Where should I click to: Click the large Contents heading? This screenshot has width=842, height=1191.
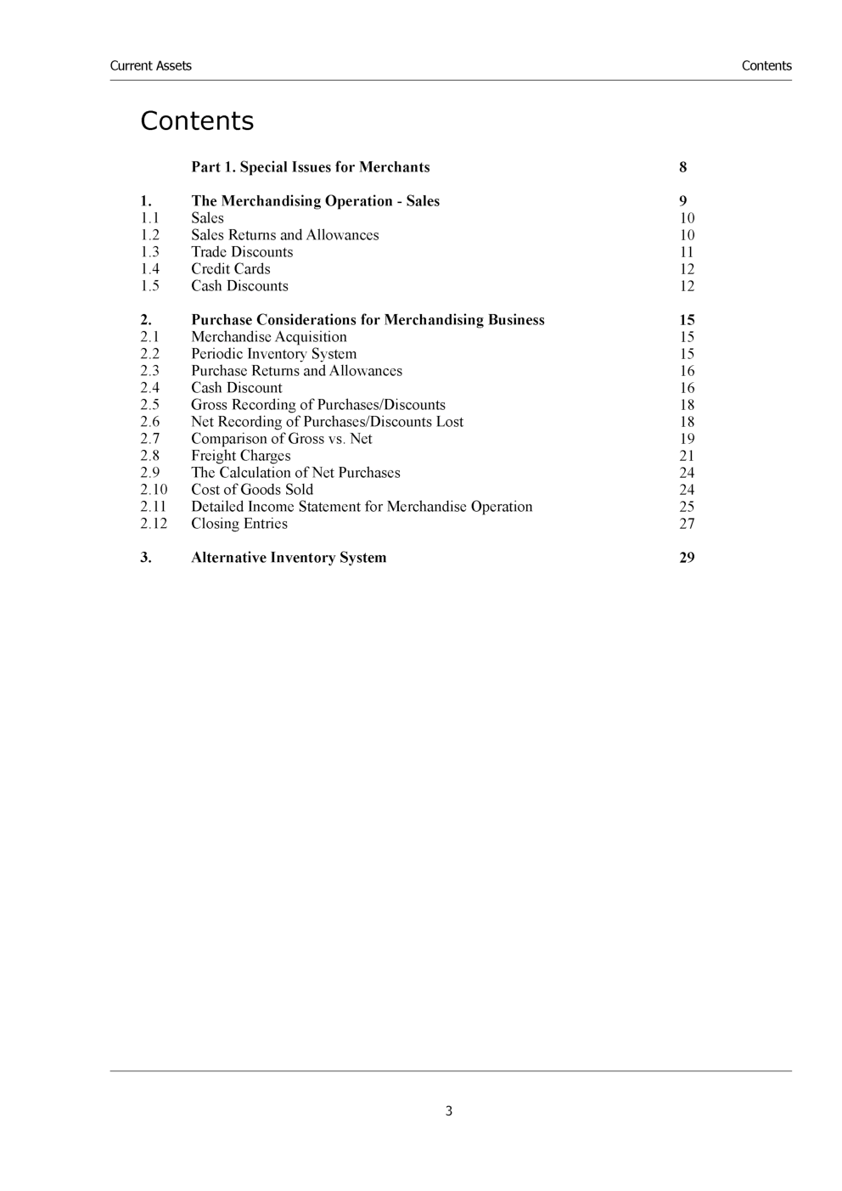coord(197,121)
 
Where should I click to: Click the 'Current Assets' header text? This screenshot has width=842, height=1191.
coord(150,66)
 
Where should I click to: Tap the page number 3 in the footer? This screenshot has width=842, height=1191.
coord(449,1111)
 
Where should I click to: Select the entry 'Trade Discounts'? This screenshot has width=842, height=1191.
coord(242,252)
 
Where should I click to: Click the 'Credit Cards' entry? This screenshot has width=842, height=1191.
coord(230,269)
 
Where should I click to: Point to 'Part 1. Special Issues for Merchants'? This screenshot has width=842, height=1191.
coord(310,167)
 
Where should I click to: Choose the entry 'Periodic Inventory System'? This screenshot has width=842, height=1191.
coord(273,354)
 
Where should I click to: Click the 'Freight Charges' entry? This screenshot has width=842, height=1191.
coord(240,456)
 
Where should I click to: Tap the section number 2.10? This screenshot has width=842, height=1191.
coord(154,490)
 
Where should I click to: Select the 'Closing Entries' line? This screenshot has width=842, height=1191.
coord(239,524)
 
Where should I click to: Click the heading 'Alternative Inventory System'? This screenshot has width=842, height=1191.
coord(289,558)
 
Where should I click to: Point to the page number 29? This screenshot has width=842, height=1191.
coord(687,558)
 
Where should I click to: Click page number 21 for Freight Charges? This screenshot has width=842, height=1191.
coord(687,456)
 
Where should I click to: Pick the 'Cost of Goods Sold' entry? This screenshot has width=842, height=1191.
coord(251,490)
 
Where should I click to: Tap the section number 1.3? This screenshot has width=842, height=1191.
coord(149,252)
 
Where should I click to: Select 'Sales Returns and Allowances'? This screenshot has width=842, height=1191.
coord(284,235)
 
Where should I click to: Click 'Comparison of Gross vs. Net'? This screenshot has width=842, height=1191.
coord(281,439)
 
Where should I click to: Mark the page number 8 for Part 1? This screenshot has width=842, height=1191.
coord(682,167)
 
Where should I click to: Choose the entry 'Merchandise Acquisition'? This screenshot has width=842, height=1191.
coord(268,337)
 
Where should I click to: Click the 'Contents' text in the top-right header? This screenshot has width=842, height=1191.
coord(766,66)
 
